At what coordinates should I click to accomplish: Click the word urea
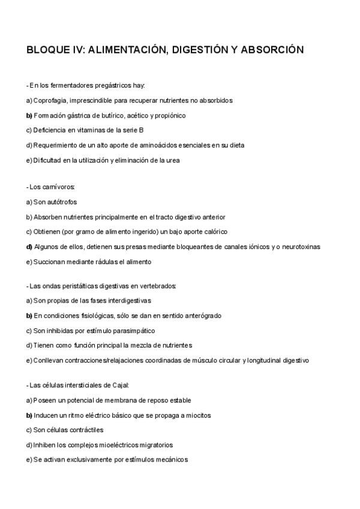[x=172, y=160]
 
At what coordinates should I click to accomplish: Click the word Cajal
[x=119, y=385]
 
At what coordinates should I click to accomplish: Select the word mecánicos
[x=168, y=460]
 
